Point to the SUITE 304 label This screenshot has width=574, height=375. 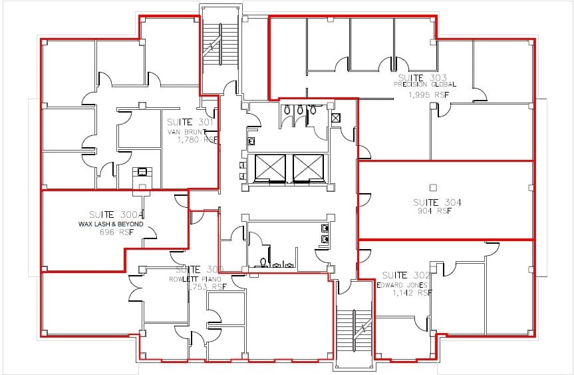[436, 202]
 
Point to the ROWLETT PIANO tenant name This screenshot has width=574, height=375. [198, 278]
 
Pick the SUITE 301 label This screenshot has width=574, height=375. [190, 122]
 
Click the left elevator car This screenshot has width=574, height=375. [265, 167]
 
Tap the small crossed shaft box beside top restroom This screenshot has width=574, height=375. [336, 118]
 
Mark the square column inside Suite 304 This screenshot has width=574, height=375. [433, 187]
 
